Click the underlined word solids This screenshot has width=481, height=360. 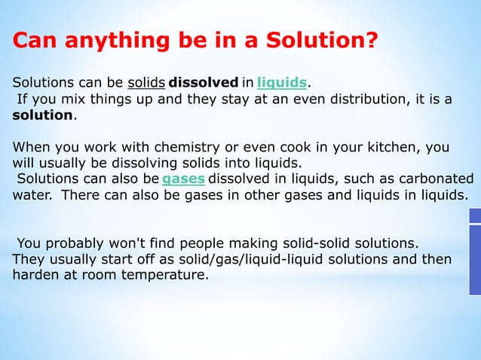(146, 82)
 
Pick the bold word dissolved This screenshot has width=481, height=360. (204, 82)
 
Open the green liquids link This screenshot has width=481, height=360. (281, 82)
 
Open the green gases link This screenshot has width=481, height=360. (183, 179)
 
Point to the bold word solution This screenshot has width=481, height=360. (43, 115)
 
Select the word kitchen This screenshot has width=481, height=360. (391, 147)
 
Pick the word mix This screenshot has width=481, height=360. (71, 99)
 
